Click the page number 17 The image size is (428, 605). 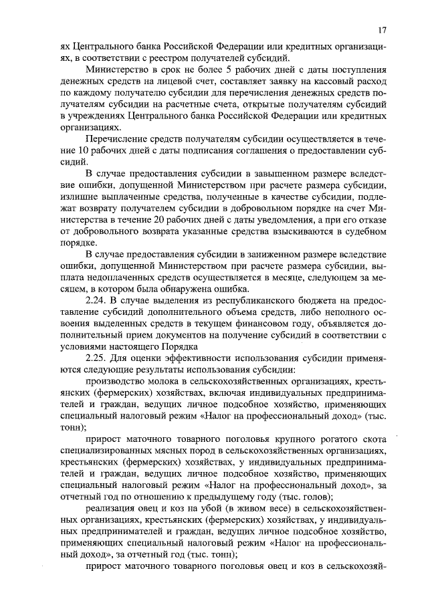pos(382,29)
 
